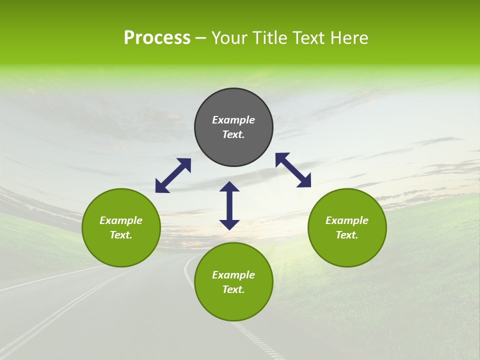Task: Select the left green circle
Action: pyautogui.click(x=121, y=227)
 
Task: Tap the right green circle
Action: pyautogui.click(x=347, y=227)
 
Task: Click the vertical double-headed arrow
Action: pyautogui.click(x=229, y=205)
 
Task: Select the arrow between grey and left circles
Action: pyautogui.click(x=173, y=175)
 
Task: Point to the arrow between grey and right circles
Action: pyautogui.click(x=293, y=170)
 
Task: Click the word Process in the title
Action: pyautogui.click(x=157, y=38)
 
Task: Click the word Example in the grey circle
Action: pyautogui.click(x=233, y=120)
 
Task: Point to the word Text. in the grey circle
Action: pyautogui.click(x=233, y=134)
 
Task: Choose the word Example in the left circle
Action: pyautogui.click(x=121, y=220)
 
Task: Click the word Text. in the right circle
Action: pyautogui.click(x=347, y=235)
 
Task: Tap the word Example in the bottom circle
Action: pyautogui.click(x=233, y=275)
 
